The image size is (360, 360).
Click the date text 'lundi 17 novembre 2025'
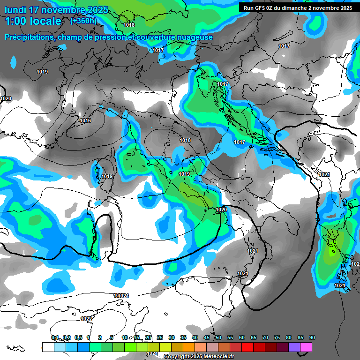coord(56,10)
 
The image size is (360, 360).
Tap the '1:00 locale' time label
coord(33,21)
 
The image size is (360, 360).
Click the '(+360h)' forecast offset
coord(83,21)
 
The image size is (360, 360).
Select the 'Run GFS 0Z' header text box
coord(298,7)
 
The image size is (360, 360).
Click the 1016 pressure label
coord(85,120)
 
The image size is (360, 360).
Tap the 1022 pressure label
coord(86,319)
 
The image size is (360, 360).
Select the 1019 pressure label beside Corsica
coord(107,176)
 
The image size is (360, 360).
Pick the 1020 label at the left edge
coord(6,98)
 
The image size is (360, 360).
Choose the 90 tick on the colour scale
coord(312,337)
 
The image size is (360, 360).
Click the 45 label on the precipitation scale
coord(207,337)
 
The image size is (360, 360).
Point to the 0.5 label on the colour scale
coord(78,337)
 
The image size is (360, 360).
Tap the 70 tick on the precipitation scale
coord(265,337)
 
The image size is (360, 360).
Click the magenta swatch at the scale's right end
coord(306,347)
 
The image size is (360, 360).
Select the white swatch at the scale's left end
coord(48,347)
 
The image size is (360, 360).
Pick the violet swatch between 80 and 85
coord(294,347)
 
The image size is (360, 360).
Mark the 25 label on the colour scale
coord(160,337)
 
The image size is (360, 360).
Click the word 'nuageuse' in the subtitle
coord(195,37)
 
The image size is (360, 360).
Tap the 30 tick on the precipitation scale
coord(172,337)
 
